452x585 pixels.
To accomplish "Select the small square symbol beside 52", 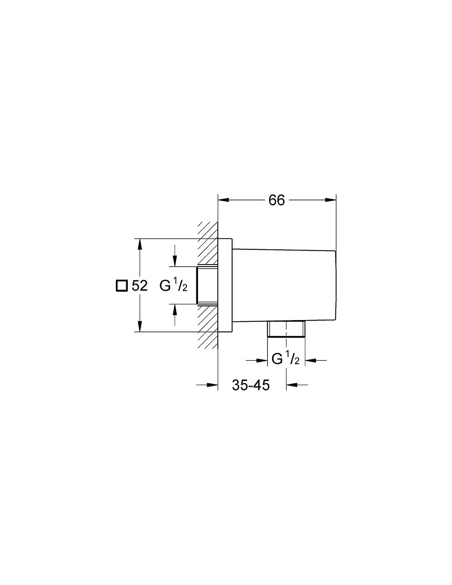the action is pos(121,286).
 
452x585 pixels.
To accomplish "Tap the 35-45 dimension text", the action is pos(251,385).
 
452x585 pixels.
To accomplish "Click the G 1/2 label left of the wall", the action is pos(173,286).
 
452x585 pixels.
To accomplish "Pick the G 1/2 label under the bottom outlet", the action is pos(286,359).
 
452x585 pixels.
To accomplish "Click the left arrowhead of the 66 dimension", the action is pos(224,200).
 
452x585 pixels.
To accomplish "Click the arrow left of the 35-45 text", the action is pos(207,385).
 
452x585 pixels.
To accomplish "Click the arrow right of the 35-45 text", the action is pos(297,385).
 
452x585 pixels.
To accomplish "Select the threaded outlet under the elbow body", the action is pos(286,329).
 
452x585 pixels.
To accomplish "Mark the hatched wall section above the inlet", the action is pos(208,244).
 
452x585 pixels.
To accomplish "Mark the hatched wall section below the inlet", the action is pos(208,327).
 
